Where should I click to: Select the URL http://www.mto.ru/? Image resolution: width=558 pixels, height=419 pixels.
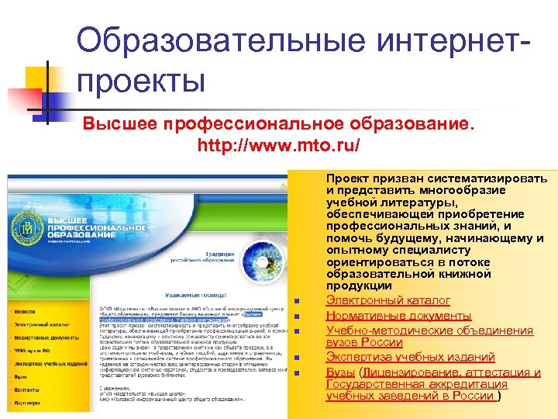pos(278,145)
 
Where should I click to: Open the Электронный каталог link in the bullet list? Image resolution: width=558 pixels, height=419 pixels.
pos(387,300)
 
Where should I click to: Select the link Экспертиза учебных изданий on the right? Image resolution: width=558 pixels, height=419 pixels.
pos(410,357)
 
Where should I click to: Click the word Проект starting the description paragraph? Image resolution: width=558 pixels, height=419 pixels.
pos(350,178)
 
